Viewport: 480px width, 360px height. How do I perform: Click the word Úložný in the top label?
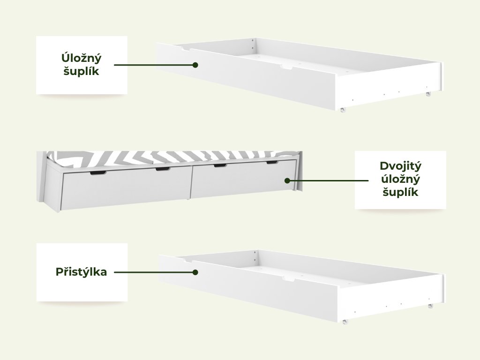[82, 58]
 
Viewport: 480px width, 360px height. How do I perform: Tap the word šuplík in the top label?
[82, 72]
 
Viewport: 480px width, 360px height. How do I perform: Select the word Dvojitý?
[400, 166]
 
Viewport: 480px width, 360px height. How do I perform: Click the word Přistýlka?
[82, 272]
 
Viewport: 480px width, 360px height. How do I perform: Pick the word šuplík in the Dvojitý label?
[400, 192]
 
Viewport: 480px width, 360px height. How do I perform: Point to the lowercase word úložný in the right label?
[400, 179]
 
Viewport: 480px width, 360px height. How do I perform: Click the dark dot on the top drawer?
[195, 65]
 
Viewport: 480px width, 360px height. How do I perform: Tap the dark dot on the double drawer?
[287, 180]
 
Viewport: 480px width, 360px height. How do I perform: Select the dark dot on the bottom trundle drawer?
[195, 272]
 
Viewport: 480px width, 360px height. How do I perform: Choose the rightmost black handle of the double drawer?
[272, 163]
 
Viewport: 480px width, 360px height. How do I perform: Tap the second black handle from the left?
[162, 169]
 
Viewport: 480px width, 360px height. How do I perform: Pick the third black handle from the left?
[220, 165]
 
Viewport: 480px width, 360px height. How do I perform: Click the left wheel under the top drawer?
[343, 110]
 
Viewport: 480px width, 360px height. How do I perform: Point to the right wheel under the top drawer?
[427, 94]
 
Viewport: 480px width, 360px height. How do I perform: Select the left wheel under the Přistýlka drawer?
[345, 322]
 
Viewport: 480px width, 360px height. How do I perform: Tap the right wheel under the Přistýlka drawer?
[430, 306]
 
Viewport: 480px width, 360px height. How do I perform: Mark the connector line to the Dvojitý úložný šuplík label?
[328, 180]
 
